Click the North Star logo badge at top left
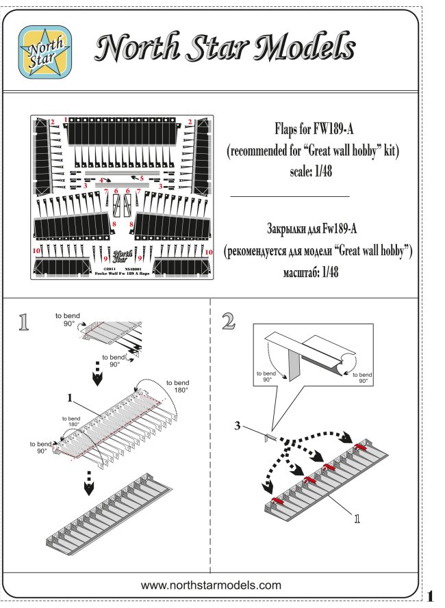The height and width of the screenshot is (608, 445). [44, 49]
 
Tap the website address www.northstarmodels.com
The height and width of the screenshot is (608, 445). [212, 585]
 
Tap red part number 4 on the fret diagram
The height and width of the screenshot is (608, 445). [101, 179]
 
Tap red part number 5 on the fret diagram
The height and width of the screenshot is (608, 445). [141, 179]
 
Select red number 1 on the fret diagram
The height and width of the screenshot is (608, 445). [66, 120]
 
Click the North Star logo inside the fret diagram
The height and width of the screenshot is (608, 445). [122, 256]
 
